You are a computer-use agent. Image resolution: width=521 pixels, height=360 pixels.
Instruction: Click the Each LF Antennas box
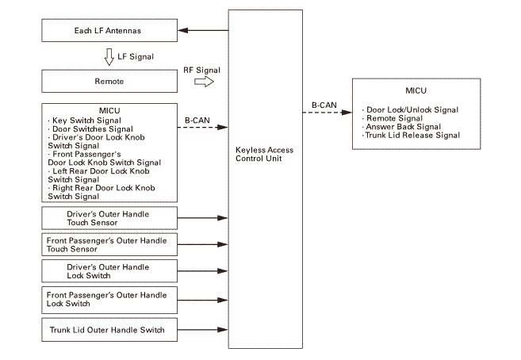108,33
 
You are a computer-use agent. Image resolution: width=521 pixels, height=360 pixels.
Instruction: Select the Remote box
108,81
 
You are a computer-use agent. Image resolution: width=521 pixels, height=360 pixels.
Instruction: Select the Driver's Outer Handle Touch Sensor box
108,218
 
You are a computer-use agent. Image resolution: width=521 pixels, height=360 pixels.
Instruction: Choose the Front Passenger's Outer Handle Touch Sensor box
108,244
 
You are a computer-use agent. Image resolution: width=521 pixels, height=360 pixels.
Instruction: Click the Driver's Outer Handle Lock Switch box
108,271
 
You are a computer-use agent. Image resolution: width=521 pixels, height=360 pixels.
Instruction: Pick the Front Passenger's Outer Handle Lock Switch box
108,299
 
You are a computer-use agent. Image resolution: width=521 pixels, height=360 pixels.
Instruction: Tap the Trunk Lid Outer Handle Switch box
108,329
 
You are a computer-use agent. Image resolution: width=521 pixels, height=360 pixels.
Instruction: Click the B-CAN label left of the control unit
197,120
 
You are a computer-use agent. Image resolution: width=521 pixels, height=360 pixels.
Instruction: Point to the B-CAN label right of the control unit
325,104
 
